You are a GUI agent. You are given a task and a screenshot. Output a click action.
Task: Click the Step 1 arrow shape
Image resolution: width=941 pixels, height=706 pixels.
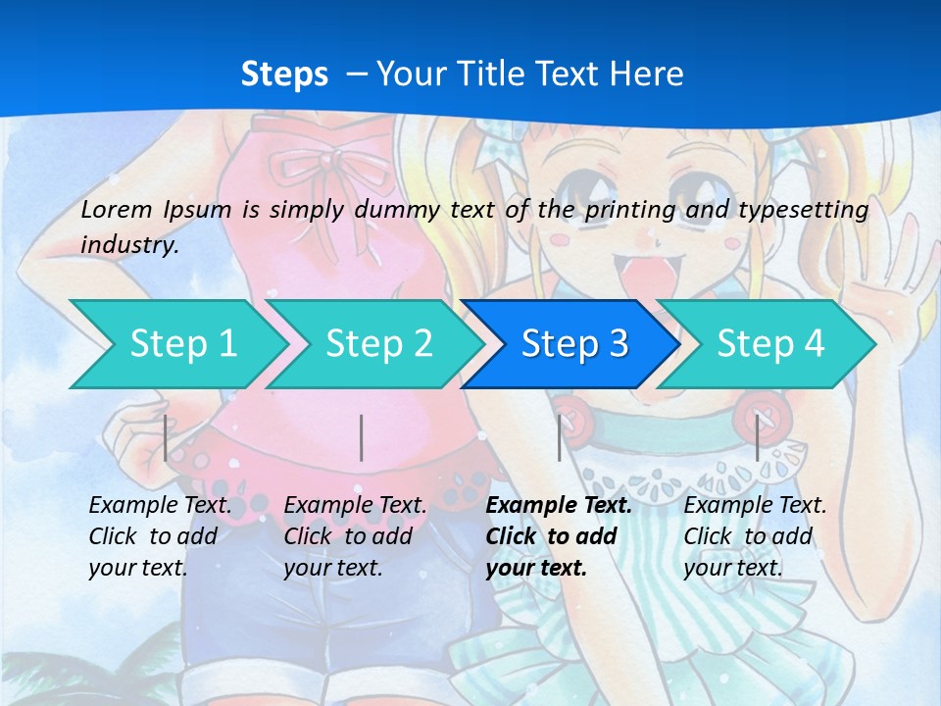pos(176,344)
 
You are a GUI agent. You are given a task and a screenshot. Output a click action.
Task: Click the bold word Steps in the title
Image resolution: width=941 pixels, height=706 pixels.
pos(284,75)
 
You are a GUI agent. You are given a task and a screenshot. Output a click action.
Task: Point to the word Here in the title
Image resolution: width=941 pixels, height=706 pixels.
pos(646,75)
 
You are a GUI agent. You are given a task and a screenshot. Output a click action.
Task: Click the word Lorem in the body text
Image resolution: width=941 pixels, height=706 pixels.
pos(117,209)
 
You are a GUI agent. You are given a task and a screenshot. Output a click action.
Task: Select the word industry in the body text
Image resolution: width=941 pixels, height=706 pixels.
pos(127,244)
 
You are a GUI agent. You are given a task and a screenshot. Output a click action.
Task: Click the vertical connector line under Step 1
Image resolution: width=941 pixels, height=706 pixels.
pos(166,438)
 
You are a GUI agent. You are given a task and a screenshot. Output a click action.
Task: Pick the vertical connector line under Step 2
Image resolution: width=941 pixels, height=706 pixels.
pos(362,438)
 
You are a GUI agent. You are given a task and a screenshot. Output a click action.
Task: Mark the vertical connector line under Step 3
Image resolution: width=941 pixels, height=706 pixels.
pos(560,438)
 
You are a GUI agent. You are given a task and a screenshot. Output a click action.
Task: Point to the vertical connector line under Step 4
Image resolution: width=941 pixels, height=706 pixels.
pos(757,438)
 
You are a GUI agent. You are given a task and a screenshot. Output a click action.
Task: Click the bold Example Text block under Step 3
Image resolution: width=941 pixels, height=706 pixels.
pos(559,536)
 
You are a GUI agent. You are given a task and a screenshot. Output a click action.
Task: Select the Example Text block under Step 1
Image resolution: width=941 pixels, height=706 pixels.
pos(160,536)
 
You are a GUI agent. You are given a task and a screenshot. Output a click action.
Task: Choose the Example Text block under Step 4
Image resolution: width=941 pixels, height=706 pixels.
pos(755,536)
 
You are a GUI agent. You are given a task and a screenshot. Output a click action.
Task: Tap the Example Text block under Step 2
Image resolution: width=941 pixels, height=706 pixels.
pos(355,536)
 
